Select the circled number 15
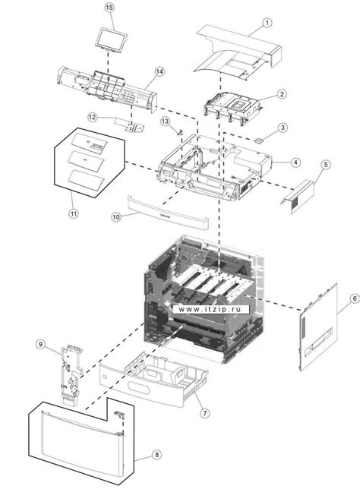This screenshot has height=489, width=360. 109,7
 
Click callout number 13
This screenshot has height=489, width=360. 164,121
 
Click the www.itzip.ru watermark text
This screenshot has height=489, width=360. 213,309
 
